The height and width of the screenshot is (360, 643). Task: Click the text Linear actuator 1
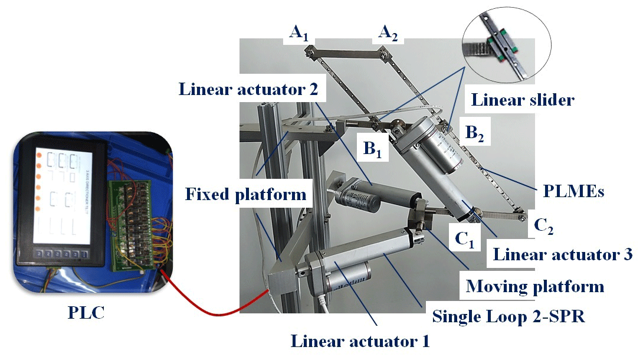tap(360, 341)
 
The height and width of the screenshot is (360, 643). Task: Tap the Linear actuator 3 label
tap(562, 255)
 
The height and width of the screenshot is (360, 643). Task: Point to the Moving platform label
tap(535, 287)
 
